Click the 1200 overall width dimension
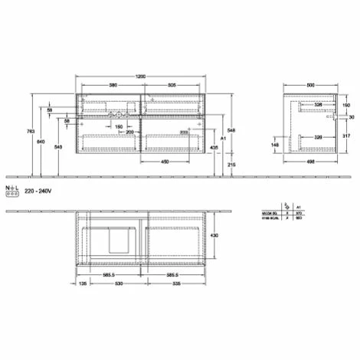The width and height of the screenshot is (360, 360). coord(140,77)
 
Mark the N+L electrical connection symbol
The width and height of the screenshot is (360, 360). coord(11,190)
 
